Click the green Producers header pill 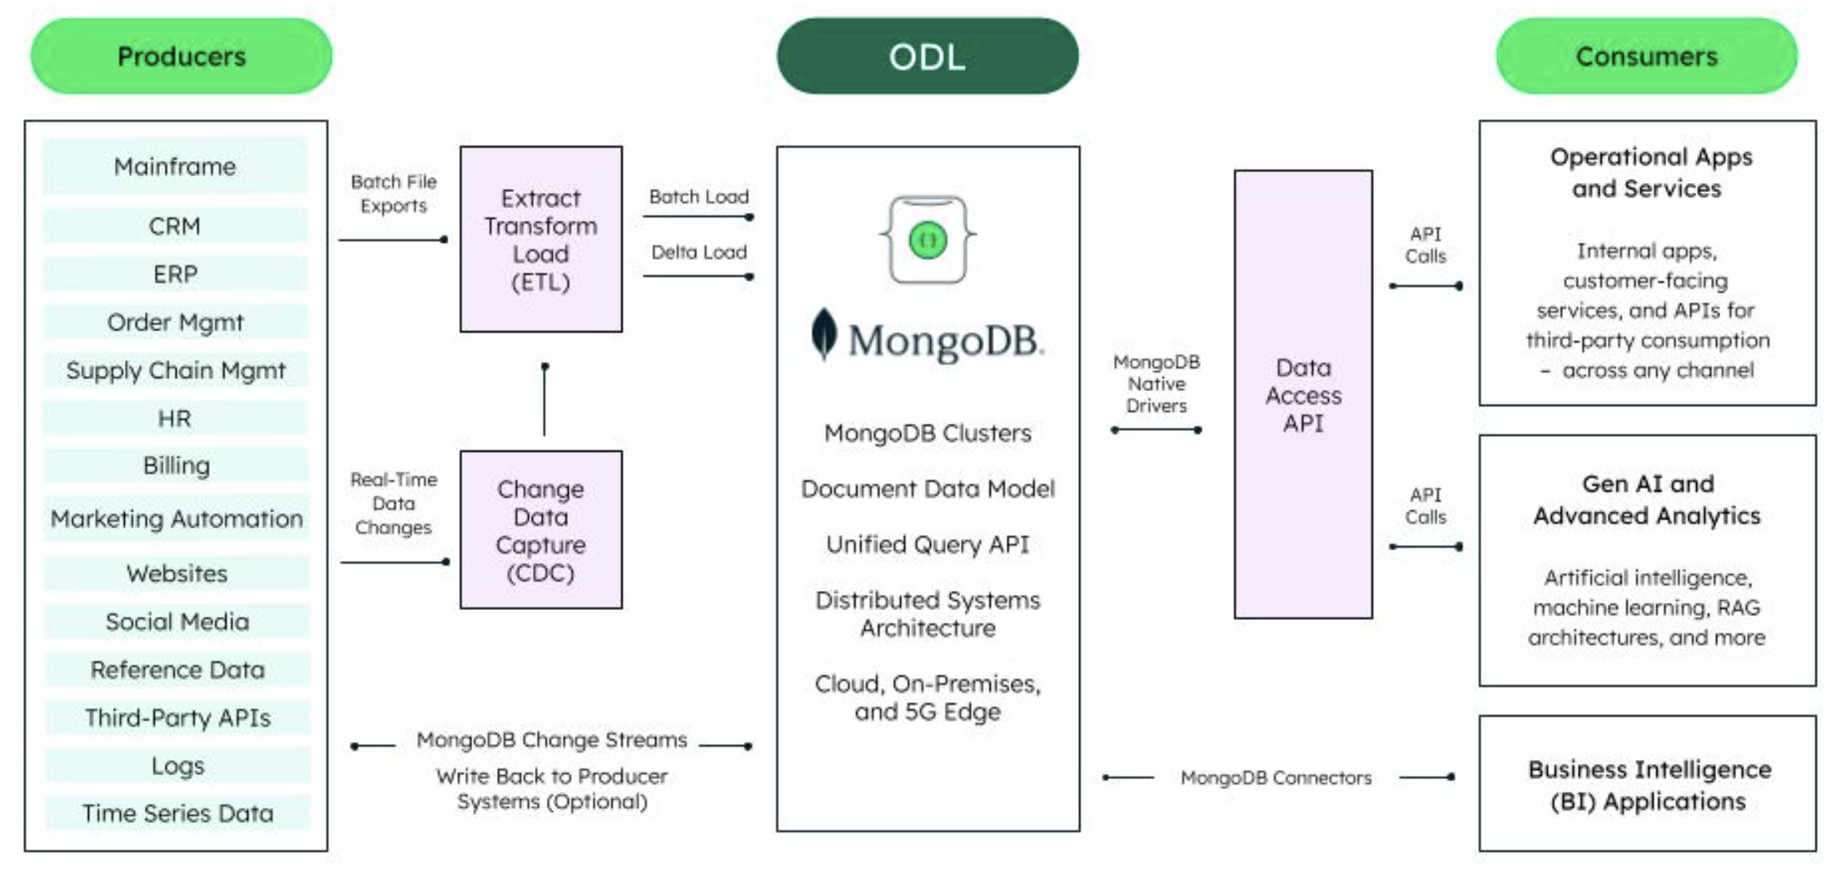pyautogui.click(x=181, y=56)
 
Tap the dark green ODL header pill pyautogui.click(x=927, y=56)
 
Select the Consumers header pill pyautogui.click(x=1646, y=56)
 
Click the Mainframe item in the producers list pyautogui.click(x=175, y=166)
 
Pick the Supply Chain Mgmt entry pyautogui.click(x=175, y=370)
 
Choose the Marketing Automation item pyautogui.click(x=176, y=519)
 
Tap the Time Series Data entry pyautogui.click(x=178, y=813)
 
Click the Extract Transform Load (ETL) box pyautogui.click(x=540, y=240)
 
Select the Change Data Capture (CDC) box pyautogui.click(x=540, y=530)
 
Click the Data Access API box pyautogui.click(x=1303, y=395)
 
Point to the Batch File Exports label pyautogui.click(x=393, y=194)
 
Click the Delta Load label pyautogui.click(x=698, y=252)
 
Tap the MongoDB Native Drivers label pyautogui.click(x=1156, y=383)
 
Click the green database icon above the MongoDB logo pyautogui.click(x=927, y=240)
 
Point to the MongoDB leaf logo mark pyautogui.click(x=824, y=334)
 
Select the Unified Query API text pyautogui.click(x=927, y=544)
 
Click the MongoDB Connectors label pyautogui.click(x=1275, y=778)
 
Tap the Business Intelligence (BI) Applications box pyautogui.click(x=1647, y=784)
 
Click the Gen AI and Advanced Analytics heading pyautogui.click(x=1647, y=500)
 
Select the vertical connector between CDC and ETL pyautogui.click(x=544, y=400)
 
